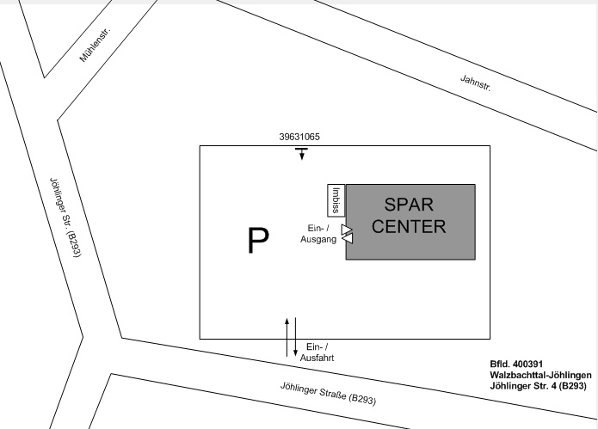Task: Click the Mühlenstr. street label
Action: [96, 45]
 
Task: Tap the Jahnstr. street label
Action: [476, 83]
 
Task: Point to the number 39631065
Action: [299, 137]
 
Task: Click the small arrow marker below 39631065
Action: [302, 154]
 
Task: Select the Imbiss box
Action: [336, 200]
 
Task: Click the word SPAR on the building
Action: [409, 205]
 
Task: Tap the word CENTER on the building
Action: [409, 226]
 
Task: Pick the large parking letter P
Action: [258, 240]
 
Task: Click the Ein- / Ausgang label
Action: [318, 234]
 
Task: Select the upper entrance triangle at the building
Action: [346, 230]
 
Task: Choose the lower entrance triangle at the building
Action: [348, 238]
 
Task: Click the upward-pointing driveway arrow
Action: [287, 337]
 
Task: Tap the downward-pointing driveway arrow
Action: [296, 337]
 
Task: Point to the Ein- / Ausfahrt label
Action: [317, 352]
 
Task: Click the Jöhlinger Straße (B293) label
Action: [329, 394]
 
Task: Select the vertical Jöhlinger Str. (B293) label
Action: [65, 218]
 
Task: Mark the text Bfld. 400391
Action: [516, 364]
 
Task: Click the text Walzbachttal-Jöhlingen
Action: [541, 375]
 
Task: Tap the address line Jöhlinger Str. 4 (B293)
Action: [538, 386]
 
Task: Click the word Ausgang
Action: [318, 239]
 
